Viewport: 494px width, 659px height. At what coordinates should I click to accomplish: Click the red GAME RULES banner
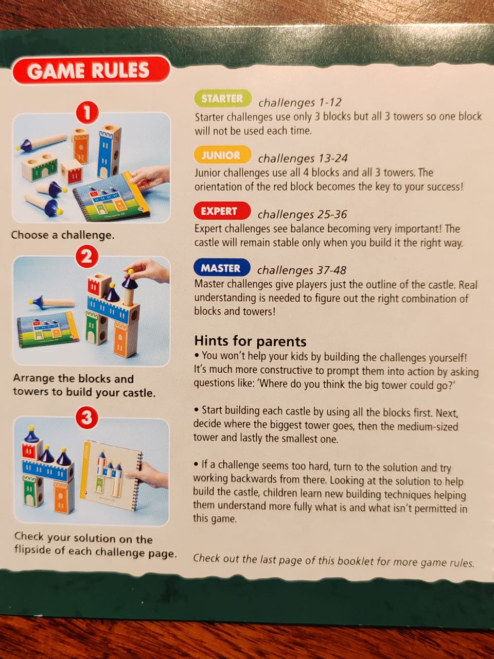tap(92, 70)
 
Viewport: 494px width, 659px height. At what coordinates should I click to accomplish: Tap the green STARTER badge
tap(222, 98)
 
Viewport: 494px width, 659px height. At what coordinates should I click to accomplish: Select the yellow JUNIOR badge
tap(222, 155)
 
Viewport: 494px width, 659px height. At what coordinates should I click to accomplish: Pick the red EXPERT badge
tap(222, 211)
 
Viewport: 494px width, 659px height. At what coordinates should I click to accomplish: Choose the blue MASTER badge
tap(221, 268)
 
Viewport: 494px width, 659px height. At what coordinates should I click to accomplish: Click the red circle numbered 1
tap(87, 113)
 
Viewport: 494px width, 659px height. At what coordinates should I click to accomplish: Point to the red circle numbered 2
tap(86, 257)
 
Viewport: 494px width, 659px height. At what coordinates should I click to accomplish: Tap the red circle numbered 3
tap(87, 418)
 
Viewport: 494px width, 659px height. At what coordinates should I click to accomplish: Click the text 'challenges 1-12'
tap(300, 102)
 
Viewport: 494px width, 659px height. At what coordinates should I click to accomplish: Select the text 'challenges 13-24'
tap(303, 159)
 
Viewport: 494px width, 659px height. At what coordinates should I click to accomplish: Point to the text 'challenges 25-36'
tap(303, 214)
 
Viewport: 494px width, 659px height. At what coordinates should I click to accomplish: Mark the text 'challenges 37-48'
tap(302, 270)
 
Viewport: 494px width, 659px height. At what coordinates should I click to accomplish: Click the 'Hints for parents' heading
tap(250, 341)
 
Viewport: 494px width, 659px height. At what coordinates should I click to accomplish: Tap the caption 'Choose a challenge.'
tap(63, 235)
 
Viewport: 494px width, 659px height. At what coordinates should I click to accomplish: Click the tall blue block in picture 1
tap(110, 151)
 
